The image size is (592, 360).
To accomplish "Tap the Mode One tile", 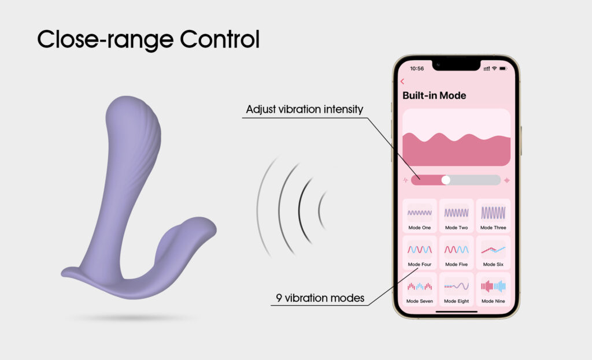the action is (420, 216).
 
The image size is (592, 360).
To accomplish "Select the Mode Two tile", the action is (457, 216).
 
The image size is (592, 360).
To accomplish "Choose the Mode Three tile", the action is (493, 216).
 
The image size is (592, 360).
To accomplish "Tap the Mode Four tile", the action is (420, 253).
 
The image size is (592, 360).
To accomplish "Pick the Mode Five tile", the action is (457, 253).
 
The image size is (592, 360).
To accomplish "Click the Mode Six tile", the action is (493, 253).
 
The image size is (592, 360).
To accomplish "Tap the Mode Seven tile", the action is (420, 290).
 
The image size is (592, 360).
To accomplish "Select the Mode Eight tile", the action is (457, 290).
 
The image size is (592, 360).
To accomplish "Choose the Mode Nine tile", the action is (493, 290).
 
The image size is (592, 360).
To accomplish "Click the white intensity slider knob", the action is (446, 180).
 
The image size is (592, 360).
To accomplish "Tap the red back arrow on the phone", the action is (402, 81).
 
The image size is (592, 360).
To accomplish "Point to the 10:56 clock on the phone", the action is (417, 69).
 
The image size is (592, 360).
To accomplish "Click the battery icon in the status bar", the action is (504, 68).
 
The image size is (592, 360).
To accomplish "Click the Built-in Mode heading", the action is (434, 95).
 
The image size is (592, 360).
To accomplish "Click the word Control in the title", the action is (220, 39).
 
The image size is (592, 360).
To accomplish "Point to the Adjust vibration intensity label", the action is (304, 109).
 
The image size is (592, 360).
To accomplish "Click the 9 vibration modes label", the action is (320, 298).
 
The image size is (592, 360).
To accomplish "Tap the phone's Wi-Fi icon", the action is (494, 68).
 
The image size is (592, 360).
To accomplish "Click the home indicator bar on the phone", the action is (457, 312).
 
